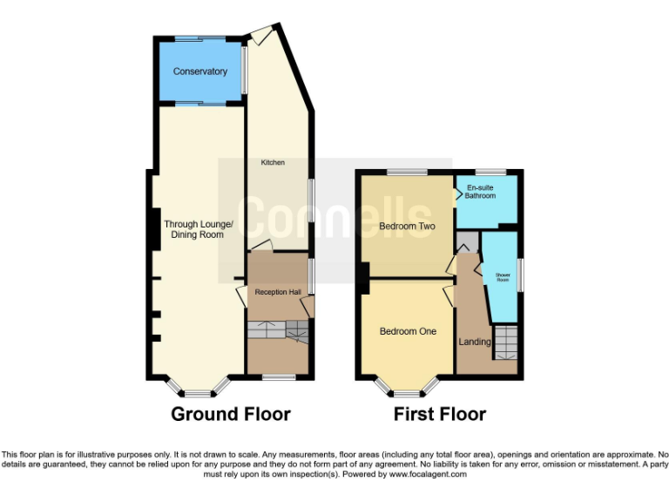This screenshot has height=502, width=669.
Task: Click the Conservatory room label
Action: pyautogui.click(x=199, y=71)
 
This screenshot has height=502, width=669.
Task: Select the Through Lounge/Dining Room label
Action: pyautogui.click(x=199, y=229)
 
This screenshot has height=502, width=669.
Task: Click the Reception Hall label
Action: pyautogui.click(x=277, y=291)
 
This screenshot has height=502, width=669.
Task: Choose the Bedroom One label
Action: pyautogui.click(x=407, y=331)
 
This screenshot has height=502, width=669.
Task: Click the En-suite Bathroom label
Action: pyautogui.click(x=481, y=192)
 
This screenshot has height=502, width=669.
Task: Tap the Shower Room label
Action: pyautogui.click(x=503, y=277)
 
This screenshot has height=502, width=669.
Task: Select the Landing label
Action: pyautogui.click(x=475, y=342)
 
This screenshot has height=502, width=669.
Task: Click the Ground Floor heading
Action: pyautogui.click(x=231, y=413)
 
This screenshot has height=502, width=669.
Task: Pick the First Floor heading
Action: pyautogui.click(x=440, y=413)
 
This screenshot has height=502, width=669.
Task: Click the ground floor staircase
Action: pyautogui.click(x=277, y=330)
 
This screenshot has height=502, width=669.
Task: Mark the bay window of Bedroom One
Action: pyautogui.click(x=407, y=384)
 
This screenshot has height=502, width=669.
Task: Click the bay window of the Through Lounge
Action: pyautogui.click(x=199, y=384)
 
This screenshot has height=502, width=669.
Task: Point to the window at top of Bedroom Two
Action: pyautogui.click(x=407, y=172)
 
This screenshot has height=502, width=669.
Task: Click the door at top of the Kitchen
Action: pyautogui.click(x=260, y=35)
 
